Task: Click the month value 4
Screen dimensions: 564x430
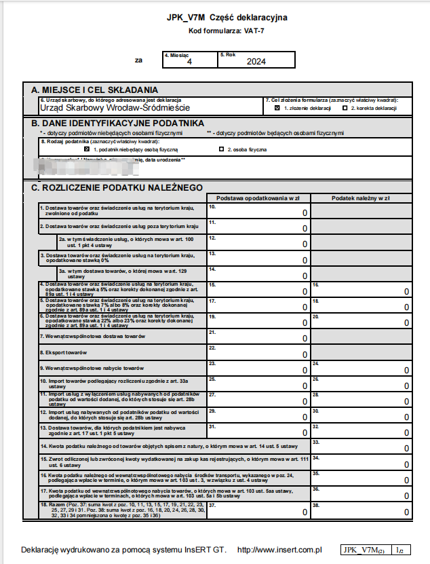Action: pos(190,62)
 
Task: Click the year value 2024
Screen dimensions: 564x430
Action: pos(256,62)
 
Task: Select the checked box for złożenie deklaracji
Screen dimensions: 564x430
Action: pos(277,108)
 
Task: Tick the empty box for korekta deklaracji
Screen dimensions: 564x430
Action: pos(345,108)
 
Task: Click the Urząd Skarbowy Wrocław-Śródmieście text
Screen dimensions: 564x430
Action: pos(115,107)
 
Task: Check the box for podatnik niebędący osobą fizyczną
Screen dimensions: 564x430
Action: pos(87,149)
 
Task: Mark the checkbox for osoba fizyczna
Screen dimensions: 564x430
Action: pos(221,149)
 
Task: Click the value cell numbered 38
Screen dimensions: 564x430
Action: pos(360,510)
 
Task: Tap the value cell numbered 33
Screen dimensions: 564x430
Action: pos(360,446)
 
